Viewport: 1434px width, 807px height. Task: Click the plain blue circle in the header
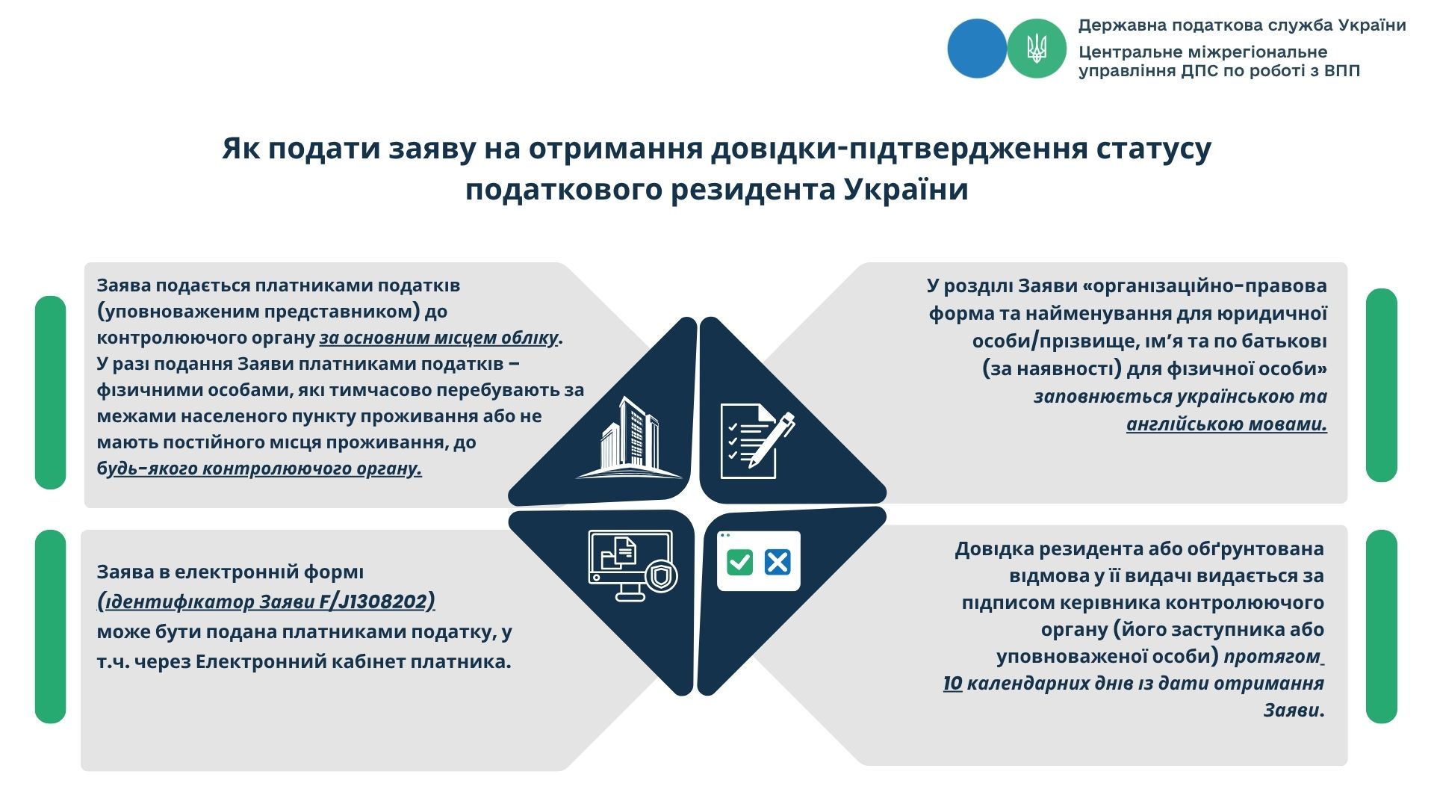pos(977,49)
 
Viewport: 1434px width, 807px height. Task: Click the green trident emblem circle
pos(1037,49)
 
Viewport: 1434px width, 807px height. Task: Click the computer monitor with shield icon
pos(633,566)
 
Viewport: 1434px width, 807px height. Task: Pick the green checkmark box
pos(739,562)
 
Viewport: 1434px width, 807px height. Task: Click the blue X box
pos(777,562)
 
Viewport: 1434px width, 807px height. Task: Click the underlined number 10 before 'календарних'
pos(952,683)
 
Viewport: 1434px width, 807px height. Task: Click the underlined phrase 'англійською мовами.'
pos(1226,424)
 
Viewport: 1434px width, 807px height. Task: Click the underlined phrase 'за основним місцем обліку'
pos(438,338)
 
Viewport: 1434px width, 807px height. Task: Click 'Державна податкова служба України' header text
pos(1242,25)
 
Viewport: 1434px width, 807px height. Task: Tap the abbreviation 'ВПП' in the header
pos(1342,71)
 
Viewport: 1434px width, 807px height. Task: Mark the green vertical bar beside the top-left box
pos(50,392)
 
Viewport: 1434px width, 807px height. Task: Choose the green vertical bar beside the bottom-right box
pos(1381,626)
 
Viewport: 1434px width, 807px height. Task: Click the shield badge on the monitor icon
pos(661,577)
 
